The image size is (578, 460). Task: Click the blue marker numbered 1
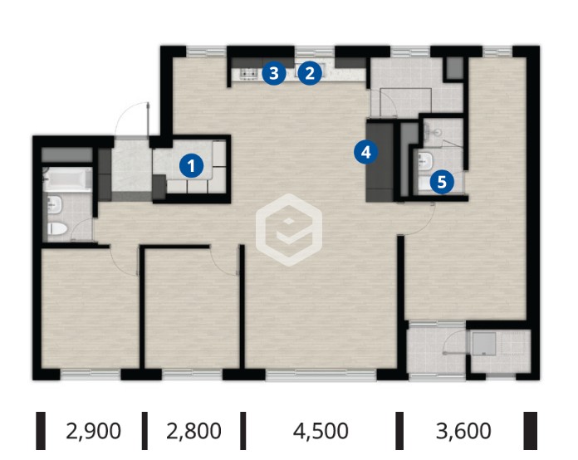pyautogui.click(x=191, y=166)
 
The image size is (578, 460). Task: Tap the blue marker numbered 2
pyautogui.click(x=310, y=73)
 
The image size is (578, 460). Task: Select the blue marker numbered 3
pyautogui.click(x=274, y=73)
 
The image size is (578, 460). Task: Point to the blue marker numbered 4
pyautogui.click(x=365, y=152)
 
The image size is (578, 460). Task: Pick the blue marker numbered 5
pyautogui.click(x=442, y=182)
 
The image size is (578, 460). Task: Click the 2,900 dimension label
pyautogui.click(x=93, y=431)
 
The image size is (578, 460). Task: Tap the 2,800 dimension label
pyautogui.click(x=193, y=431)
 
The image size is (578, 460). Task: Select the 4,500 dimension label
pyautogui.click(x=321, y=431)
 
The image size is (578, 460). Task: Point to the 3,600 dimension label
pyautogui.click(x=463, y=431)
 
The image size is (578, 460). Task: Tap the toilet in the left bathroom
pyautogui.click(x=57, y=229)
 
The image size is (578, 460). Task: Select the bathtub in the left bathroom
pyautogui.click(x=67, y=179)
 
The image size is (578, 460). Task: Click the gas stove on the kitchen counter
pyautogui.click(x=249, y=74)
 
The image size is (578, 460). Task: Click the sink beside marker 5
pyautogui.click(x=425, y=161)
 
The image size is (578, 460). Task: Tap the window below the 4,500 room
pyautogui.click(x=321, y=374)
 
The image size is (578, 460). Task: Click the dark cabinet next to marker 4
pyautogui.click(x=380, y=161)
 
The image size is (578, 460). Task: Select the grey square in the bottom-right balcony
pyautogui.click(x=483, y=344)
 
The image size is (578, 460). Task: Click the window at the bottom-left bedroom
pyautogui.click(x=91, y=374)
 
